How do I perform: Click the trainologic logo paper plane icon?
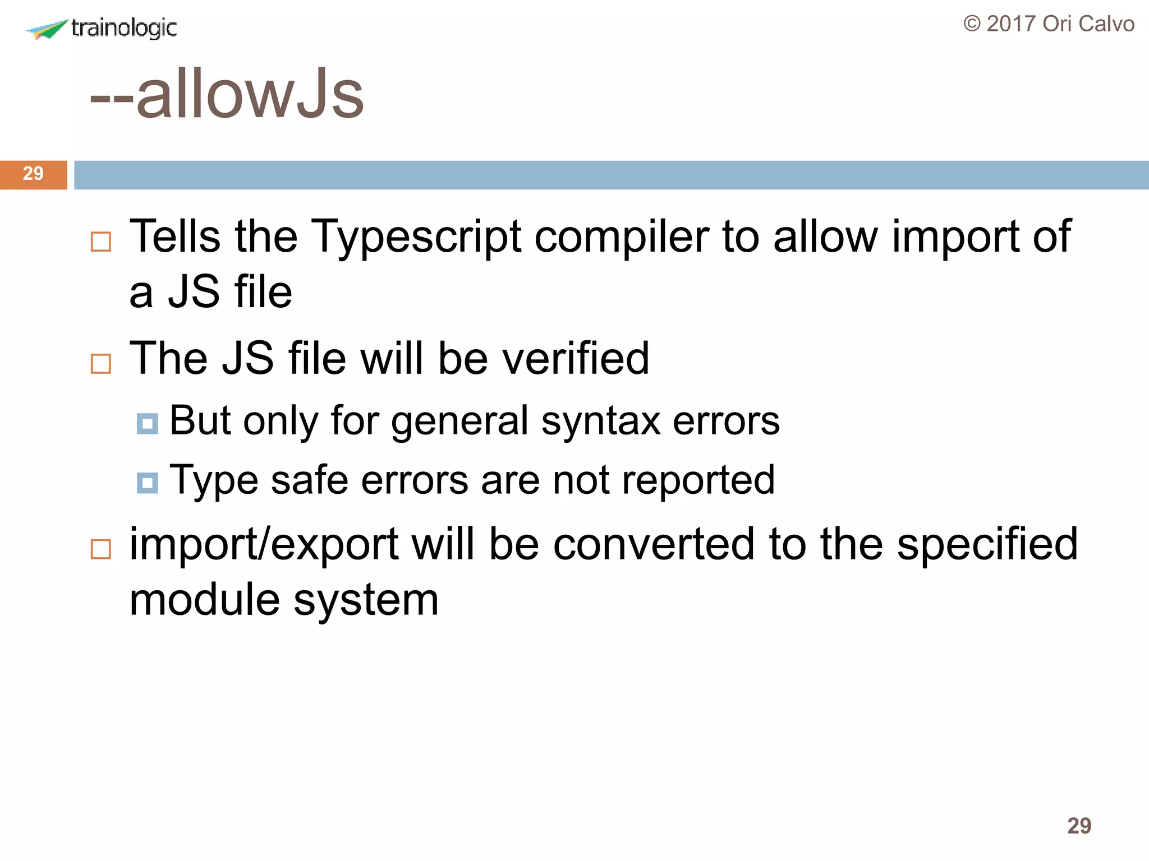coord(47,29)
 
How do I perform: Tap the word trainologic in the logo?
coord(124,28)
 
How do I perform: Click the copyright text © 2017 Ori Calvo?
coord(1049,24)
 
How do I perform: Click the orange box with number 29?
coord(33,174)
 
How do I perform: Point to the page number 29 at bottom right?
coord(1079,826)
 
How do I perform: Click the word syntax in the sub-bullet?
coord(601,421)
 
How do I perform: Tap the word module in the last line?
coord(204,600)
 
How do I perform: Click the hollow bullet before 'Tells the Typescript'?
coord(101,242)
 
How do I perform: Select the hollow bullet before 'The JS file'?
coord(101,364)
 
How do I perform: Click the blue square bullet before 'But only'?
coord(147,424)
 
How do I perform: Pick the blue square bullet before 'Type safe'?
coord(147,483)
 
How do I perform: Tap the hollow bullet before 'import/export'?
coord(101,549)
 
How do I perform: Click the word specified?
coord(987,545)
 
